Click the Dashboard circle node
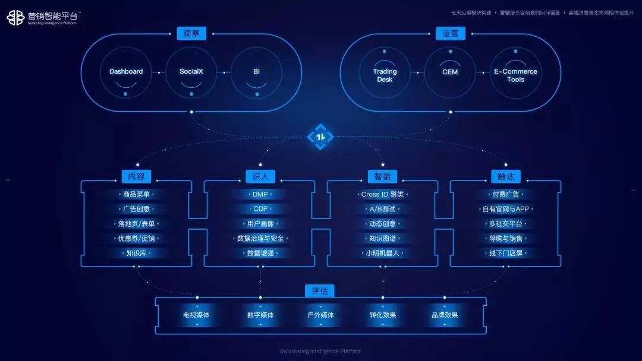126,72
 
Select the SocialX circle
191,72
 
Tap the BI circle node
257,72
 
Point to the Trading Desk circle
385,75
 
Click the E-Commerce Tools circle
515,75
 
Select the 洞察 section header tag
191,33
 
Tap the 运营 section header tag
451,33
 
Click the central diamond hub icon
320,137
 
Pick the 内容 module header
136,176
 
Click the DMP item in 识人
260,194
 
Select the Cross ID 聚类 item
382,194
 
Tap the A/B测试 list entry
382,209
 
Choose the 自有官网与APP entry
505,209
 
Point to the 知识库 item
136,253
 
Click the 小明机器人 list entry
382,253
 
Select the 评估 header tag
320,291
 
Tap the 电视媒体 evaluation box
196,315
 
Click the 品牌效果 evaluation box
445,315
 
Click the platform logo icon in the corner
15,17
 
